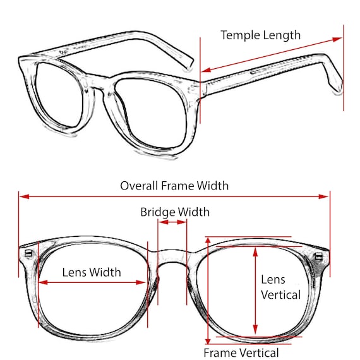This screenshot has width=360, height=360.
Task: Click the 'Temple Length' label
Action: (261, 35)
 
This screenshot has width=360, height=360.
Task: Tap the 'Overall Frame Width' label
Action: (174, 186)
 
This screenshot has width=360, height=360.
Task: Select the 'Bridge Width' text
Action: (175, 212)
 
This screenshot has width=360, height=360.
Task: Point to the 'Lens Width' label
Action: (92, 272)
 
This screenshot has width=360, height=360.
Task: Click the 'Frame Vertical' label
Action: (241, 352)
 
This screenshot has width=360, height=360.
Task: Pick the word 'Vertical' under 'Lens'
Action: (281, 295)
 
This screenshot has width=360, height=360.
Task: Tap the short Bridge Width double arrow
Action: (172, 222)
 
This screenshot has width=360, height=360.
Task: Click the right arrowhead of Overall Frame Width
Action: (324, 196)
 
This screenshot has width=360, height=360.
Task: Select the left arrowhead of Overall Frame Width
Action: (25, 196)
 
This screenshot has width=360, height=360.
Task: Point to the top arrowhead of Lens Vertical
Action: (255, 252)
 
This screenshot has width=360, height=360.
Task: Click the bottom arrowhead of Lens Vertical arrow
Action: (255, 330)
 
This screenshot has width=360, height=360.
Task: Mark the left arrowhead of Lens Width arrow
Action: (43, 282)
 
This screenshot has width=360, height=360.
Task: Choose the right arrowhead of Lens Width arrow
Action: (141, 282)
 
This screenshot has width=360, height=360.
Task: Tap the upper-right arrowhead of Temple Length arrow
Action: (337, 39)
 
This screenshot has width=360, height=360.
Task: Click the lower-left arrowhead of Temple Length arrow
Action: (207, 70)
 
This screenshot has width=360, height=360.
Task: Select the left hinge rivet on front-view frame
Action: (28, 253)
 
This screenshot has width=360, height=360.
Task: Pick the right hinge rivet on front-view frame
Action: (319, 256)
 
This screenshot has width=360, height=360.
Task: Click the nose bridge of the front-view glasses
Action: (172, 256)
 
